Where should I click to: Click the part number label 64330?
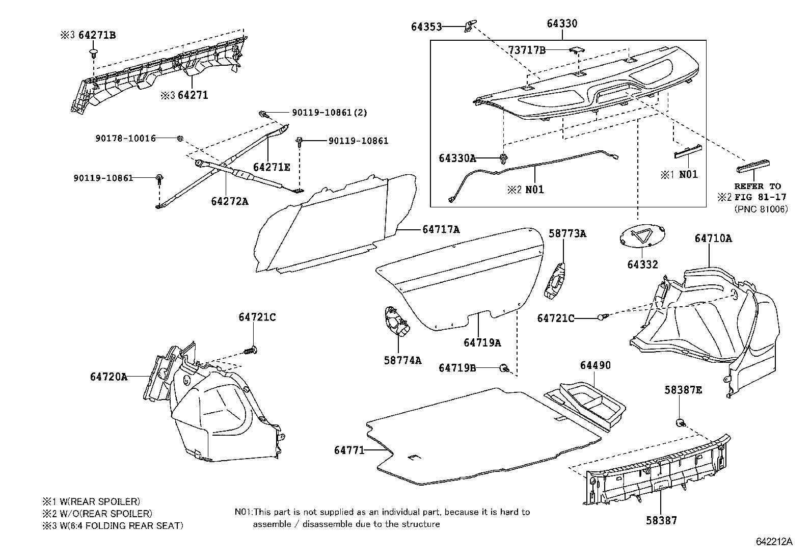pos(562,23)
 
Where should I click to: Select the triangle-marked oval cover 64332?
pos(642,236)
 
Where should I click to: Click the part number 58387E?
pos(683,390)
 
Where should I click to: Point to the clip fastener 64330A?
pos(503,158)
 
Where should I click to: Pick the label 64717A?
pos(441,229)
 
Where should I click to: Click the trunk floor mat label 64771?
pos(349,450)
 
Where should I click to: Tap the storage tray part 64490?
pos(585,405)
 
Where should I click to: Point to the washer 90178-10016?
pos(180,138)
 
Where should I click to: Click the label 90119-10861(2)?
pos(330,113)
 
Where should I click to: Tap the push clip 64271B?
pos(93,54)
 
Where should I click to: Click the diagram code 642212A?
pos(774,542)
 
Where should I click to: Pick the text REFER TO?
pos(758,186)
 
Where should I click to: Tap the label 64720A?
pos(109,377)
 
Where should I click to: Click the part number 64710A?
pos(713,238)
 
